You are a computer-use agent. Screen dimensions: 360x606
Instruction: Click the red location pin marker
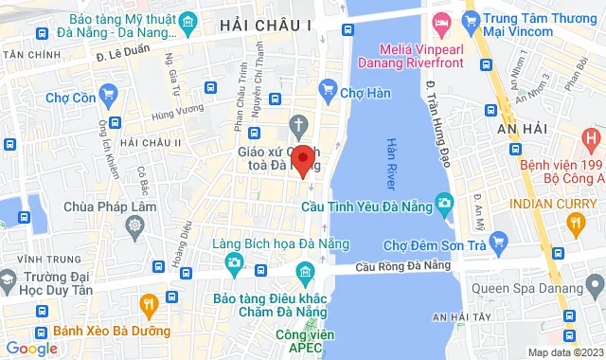coord(302,159)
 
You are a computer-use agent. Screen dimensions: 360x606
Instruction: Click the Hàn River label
coord(392,164)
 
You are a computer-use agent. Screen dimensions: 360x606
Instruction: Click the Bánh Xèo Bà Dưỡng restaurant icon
coord(148,303)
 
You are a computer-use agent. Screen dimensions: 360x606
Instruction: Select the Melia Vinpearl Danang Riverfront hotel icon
coord(441,22)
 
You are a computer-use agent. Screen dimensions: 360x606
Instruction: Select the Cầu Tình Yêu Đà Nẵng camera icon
coord(443,203)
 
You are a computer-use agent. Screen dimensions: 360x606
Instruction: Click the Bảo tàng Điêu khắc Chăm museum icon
coord(304,275)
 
